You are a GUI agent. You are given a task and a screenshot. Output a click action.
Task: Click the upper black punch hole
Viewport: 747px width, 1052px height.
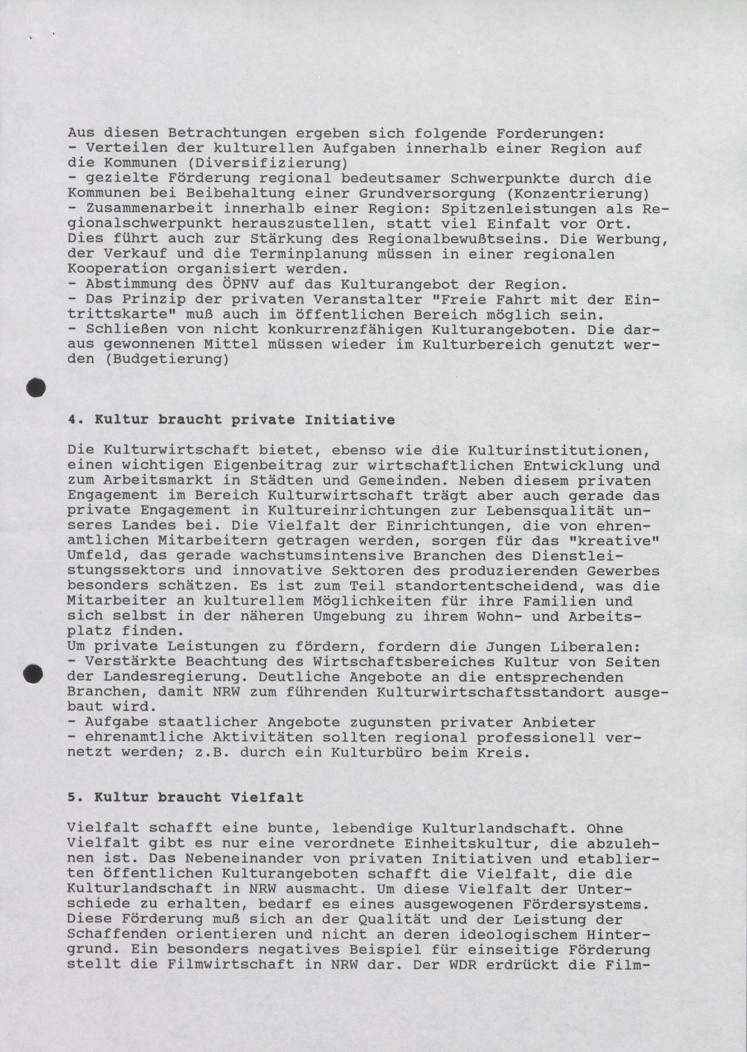[x=36, y=387]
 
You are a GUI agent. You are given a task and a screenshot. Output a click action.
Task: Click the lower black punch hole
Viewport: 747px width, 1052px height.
[x=33, y=674]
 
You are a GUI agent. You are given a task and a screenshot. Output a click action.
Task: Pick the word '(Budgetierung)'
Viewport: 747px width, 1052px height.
[x=166, y=359]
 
